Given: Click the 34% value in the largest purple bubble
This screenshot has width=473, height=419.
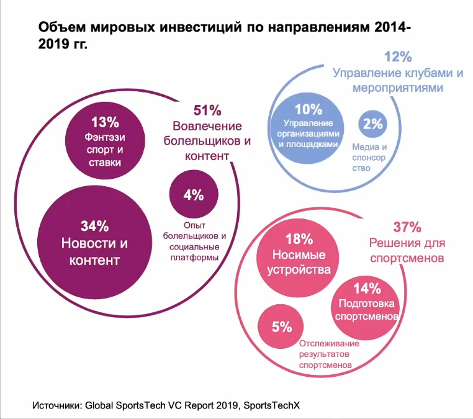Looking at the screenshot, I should (x=94, y=225).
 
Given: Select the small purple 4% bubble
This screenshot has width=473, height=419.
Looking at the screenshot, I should (x=194, y=195).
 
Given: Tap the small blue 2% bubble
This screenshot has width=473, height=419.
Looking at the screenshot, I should (x=373, y=124).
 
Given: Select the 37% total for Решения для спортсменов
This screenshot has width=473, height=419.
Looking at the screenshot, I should (x=407, y=227).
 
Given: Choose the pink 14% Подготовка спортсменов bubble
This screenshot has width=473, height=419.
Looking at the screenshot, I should (x=366, y=302).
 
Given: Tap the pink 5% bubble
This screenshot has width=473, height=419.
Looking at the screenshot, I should (x=281, y=327).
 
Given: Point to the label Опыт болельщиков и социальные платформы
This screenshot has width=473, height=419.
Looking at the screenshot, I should (x=194, y=241).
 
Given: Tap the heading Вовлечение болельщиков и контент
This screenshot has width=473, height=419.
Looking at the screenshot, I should (x=207, y=141).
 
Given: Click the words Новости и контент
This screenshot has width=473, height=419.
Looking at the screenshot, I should (x=94, y=251).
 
